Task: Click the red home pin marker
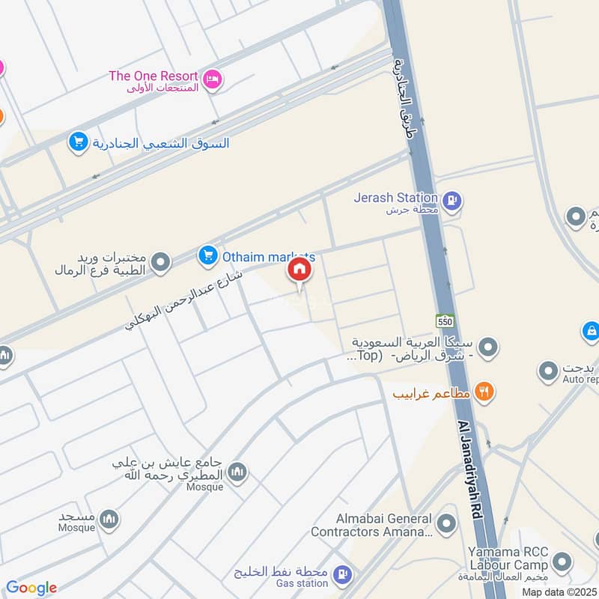(299, 270)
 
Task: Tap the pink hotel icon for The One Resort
(213, 79)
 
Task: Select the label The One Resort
(153, 76)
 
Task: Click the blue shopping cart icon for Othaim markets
(207, 256)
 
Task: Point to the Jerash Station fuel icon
(451, 200)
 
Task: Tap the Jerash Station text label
(396, 198)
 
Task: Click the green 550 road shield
(445, 320)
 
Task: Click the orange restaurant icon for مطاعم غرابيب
(484, 392)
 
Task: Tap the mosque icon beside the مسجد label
(109, 518)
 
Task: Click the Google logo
(31, 588)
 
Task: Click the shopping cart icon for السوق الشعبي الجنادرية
(78, 141)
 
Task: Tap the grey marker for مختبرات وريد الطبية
(159, 262)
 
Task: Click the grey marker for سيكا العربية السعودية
(488, 347)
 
